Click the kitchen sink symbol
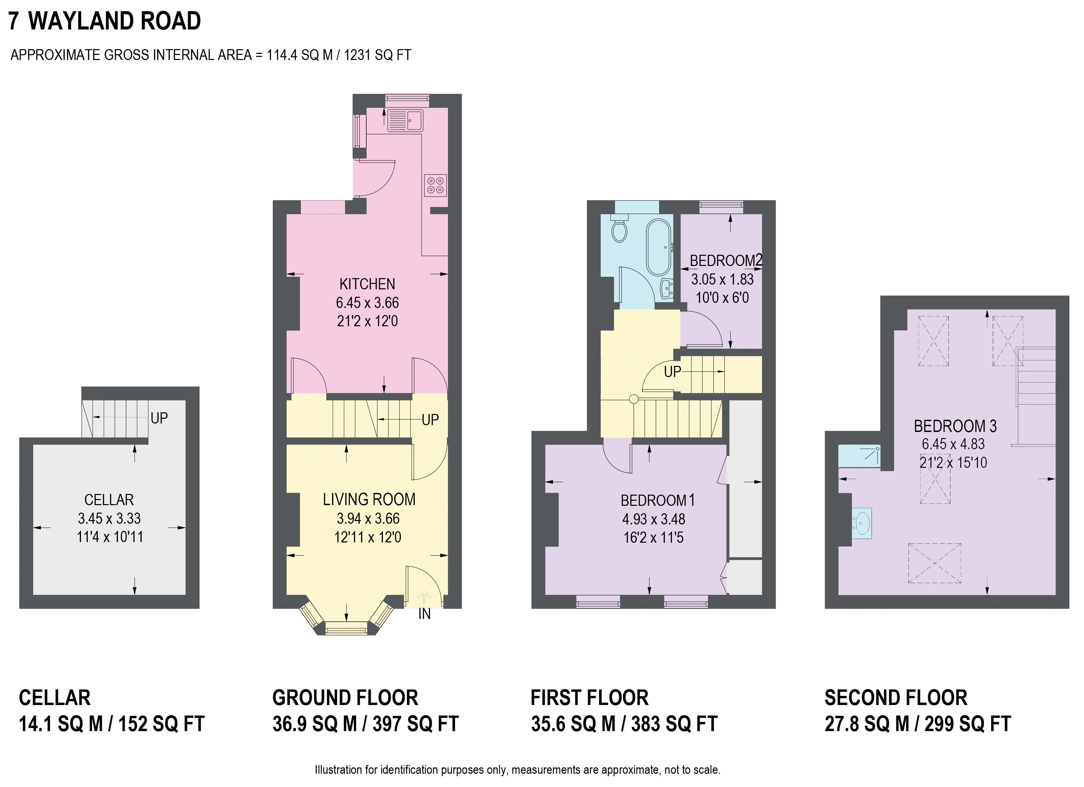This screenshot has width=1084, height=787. coord(405,120)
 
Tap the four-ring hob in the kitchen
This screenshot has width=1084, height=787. coord(435,185)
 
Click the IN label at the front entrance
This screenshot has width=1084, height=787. coord(425,614)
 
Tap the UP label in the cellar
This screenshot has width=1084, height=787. coord(159,418)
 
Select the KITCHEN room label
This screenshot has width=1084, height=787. coord(367,284)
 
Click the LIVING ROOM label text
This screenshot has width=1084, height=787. coord(368,499)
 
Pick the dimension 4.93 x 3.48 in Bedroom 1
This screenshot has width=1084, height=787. coord(653,519)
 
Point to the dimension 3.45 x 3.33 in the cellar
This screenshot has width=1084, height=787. coord(109,518)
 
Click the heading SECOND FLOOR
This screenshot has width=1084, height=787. coord(896,698)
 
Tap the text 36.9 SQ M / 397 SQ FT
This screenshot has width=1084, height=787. coord(365,724)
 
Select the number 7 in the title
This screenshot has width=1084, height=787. coord(14,21)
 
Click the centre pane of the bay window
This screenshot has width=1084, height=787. coord(347,627)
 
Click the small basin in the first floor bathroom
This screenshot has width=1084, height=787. coord(667,288)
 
